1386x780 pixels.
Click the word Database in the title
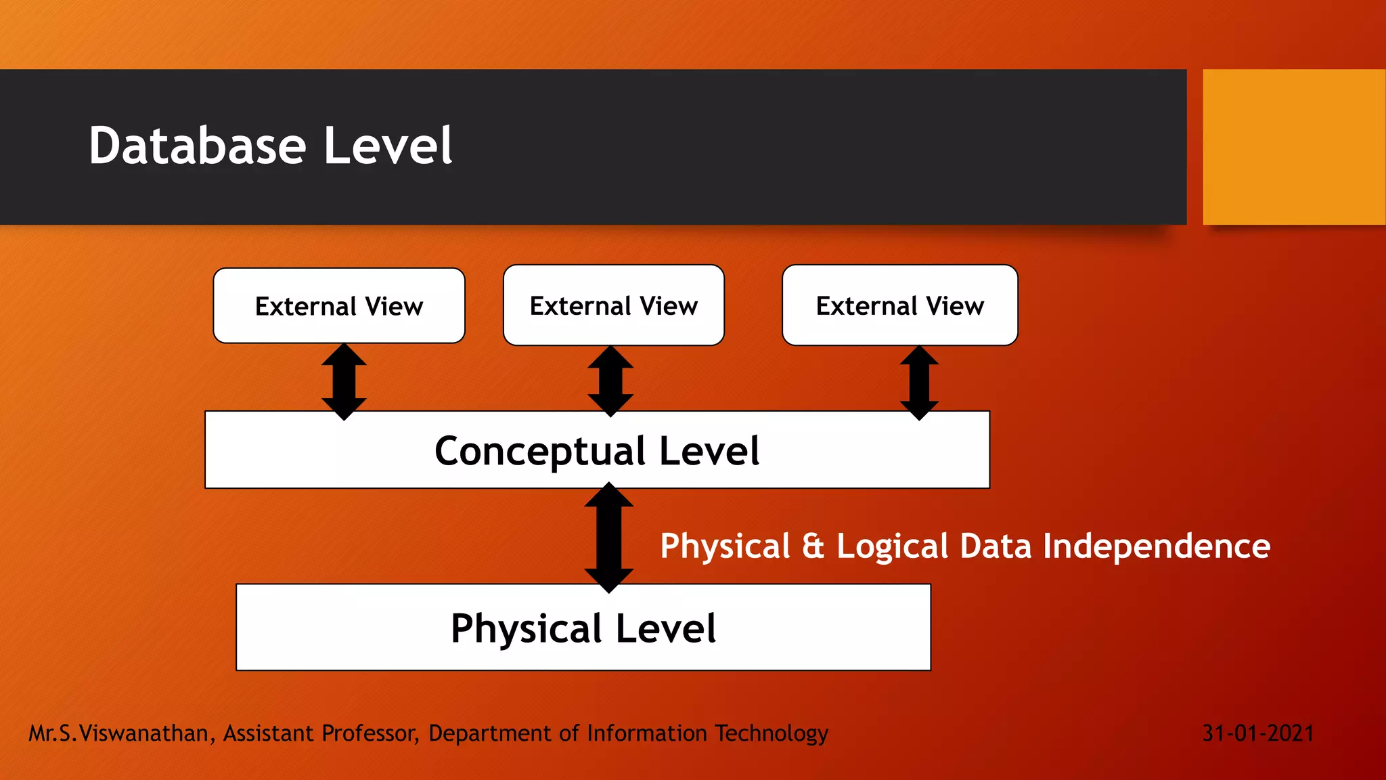pyautogui.click(x=198, y=146)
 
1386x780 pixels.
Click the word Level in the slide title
pyautogui.click(x=388, y=146)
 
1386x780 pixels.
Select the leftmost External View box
pyautogui.click(x=339, y=306)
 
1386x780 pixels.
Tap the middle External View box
pyautogui.click(x=614, y=305)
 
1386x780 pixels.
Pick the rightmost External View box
pyautogui.click(x=900, y=305)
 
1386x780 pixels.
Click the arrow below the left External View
pyautogui.click(x=344, y=381)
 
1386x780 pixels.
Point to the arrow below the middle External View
pyautogui.click(x=610, y=381)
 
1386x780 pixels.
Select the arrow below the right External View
pyautogui.click(x=919, y=382)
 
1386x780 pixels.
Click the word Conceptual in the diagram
pyautogui.click(x=540, y=452)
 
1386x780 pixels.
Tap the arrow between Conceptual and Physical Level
pyautogui.click(x=609, y=537)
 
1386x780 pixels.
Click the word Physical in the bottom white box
pyautogui.click(x=526, y=629)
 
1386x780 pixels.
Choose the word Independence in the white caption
pyautogui.click(x=1157, y=546)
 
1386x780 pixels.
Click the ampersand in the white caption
pyautogui.click(x=813, y=546)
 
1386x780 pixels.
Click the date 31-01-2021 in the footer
pyautogui.click(x=1258, y=733)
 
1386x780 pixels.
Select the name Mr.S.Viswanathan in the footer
pyautogui.click(x=118, y=733)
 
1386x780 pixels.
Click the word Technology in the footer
pyautogui.click(x=772, y=734)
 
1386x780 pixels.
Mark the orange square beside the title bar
pyautogui.click(x=1294, y=147)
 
